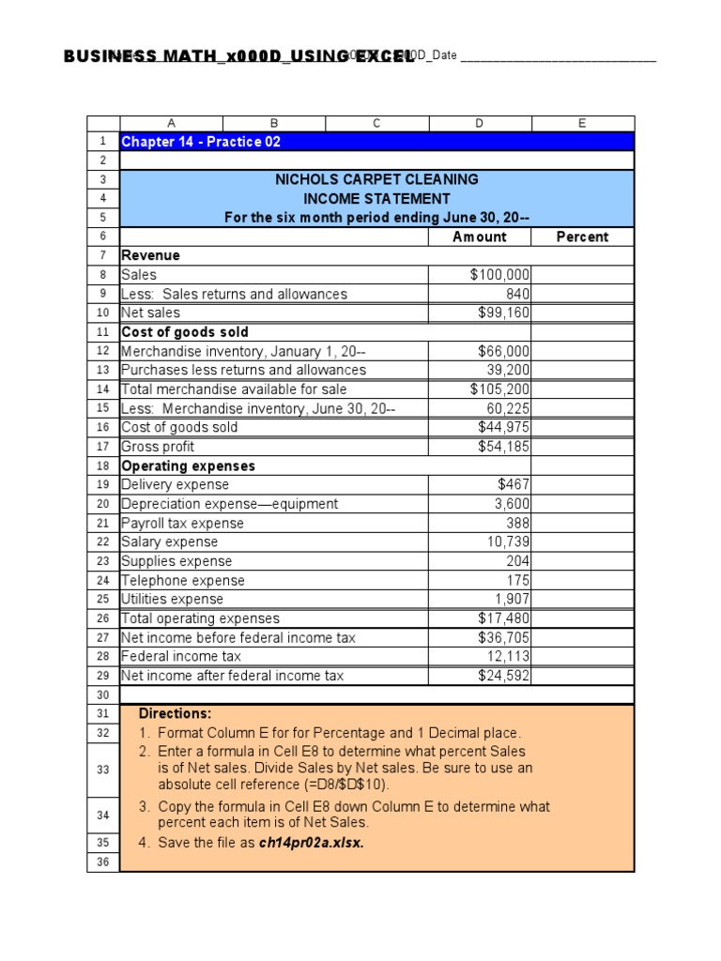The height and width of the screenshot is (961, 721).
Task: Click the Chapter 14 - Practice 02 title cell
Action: [201, 142]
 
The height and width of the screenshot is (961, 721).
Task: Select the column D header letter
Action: [480, 123]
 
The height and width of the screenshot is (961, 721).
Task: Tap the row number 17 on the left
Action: [103, 447]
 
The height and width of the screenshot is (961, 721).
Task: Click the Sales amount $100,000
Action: [499, 275]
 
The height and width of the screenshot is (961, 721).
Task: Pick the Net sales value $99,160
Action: [503, 313]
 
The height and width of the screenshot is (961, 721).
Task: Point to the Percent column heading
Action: [582, 236]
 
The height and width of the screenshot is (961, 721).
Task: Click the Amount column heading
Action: [479, 236]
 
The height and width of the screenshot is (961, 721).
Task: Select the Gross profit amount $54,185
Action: [503, 447]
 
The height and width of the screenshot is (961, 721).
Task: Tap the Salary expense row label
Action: [170, 542]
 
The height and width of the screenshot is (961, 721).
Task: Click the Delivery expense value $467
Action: [514, 484]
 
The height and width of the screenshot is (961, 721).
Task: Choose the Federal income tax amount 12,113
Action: [508, 656]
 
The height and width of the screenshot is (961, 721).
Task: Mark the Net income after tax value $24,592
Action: [503, 675]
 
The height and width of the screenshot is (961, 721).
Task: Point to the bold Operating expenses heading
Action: [188, 465]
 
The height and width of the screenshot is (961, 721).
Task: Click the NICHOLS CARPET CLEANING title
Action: [376, 179]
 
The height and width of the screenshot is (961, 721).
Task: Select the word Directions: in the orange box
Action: [175, 713]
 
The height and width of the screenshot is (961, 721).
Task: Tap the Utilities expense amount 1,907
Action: [513, 599]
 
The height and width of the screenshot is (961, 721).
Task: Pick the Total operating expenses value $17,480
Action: [503, 618]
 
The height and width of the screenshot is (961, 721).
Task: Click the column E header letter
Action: [582, 123]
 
